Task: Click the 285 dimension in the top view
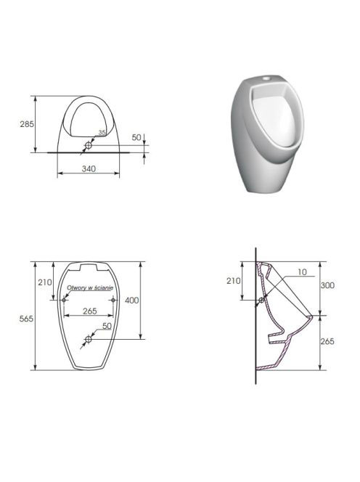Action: [27, 124]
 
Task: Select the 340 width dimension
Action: [89, 168]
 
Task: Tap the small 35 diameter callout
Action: [102, 133]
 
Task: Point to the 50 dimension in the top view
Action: [136, 137]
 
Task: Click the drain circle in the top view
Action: [89, 145]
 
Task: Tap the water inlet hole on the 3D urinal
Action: [266, 79]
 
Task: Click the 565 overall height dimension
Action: [26, 319]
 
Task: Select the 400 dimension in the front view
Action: [131, 301]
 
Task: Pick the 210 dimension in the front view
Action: [45, 282]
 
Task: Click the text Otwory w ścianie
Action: [90, 287]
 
